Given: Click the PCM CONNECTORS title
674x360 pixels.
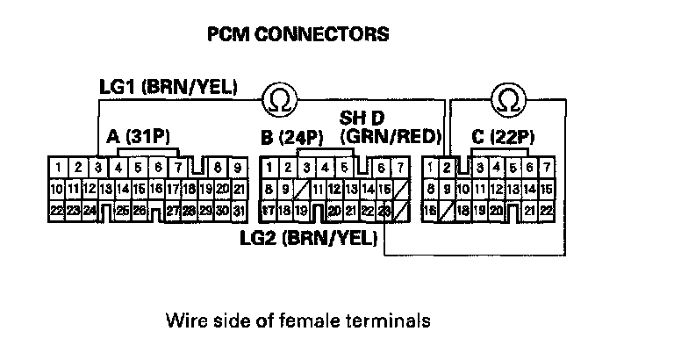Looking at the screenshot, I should point(297,35).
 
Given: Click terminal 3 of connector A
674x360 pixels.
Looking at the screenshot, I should point(98,167).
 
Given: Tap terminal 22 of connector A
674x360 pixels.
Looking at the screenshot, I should point(56,211).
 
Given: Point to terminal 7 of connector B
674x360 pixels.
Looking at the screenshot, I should point(400,167).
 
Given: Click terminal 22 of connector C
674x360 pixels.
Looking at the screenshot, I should point(546,211).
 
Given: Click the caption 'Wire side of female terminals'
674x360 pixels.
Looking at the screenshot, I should point(298,320).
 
